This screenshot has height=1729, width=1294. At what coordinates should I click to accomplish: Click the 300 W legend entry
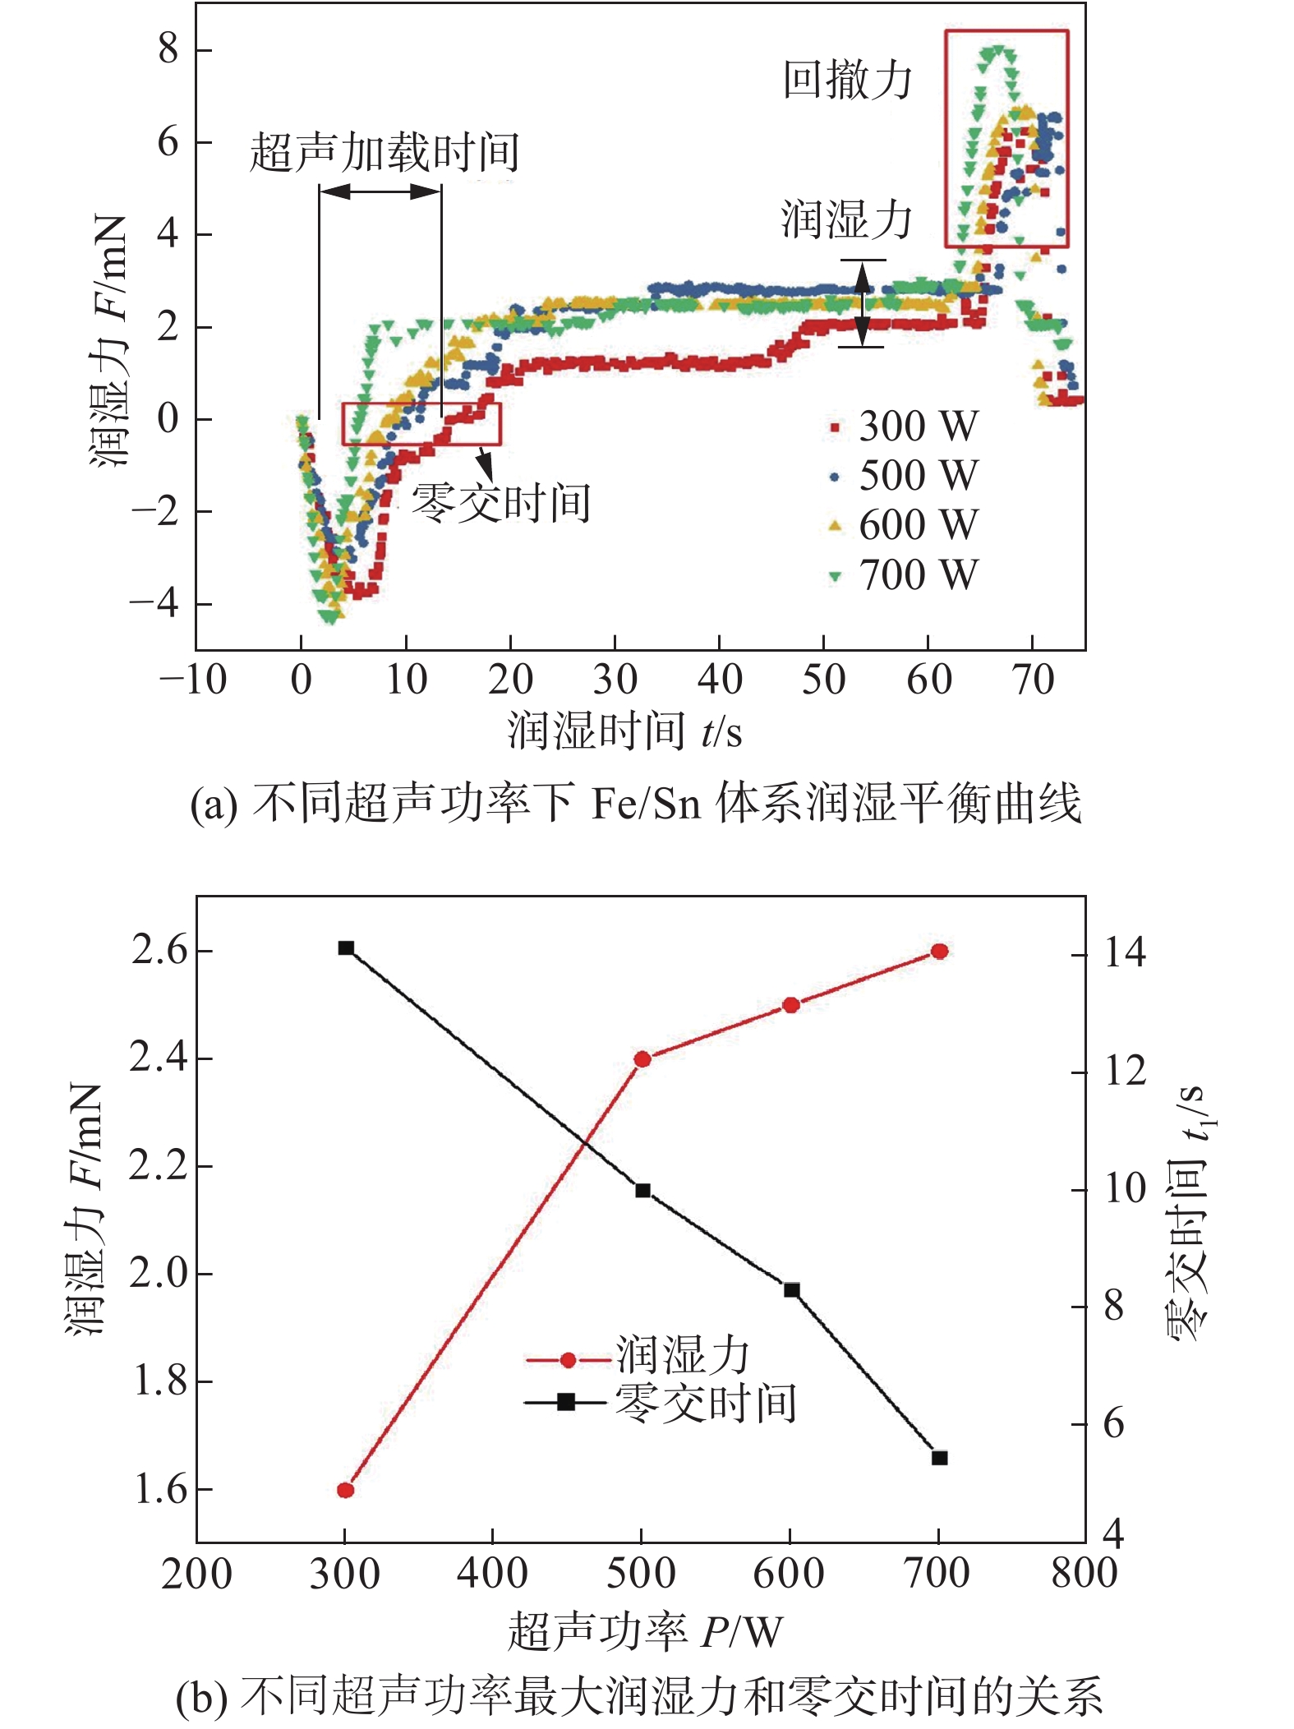pyautogui.click(x=903, y=426)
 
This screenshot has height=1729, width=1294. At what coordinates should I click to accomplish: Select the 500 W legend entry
pyautogui.click(x=903, y=476)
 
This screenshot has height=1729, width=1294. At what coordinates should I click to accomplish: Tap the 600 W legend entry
pyautogui.click(x=903, y=525)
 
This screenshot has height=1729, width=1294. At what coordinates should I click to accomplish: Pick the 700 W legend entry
pyautogui.click(x=903, y=575)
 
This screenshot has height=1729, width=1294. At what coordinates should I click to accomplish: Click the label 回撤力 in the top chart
pyautogui.click(x=847, y=81)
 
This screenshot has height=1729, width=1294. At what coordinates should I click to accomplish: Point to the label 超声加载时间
pyautogui.click(x=385, y=153)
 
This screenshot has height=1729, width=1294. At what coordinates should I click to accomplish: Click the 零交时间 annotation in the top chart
pyautogui.click(x=500, y=503)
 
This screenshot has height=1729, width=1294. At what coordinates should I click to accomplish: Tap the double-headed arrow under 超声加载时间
pyautogui.click(x=380, y=191)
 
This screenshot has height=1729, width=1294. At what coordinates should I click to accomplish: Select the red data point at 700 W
pyautogui.click(x=940, y=951)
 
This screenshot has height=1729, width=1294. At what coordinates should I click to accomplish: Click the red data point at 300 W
pyautogui.click(x=346, y=1490)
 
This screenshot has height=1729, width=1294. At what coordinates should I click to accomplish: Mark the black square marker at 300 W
pyautogui.click(x=346, y=947)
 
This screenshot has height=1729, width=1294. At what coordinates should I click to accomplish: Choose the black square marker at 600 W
pyautogui.click(x=791, y=1289)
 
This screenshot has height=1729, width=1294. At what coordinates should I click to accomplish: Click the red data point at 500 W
pyautogui.click(x=642, y=1059)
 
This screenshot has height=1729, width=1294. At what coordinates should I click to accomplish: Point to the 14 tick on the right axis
pyautogui.click(x=1124, y=953)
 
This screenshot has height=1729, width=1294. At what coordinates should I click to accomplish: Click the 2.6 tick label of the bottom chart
pyautogui.click(x=159, y=951)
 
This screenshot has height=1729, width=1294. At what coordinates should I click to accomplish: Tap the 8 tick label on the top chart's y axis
pyautogui.click(x=168, y=49)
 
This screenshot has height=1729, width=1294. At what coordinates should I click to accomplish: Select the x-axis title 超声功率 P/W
pyautogui.click(x=645, y=1631)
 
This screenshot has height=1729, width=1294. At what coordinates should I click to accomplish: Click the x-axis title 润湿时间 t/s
pyautogui.click(x=624, y=731)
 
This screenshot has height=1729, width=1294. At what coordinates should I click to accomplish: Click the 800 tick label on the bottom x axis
pyautogui.click(x=1084, y=1574)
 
